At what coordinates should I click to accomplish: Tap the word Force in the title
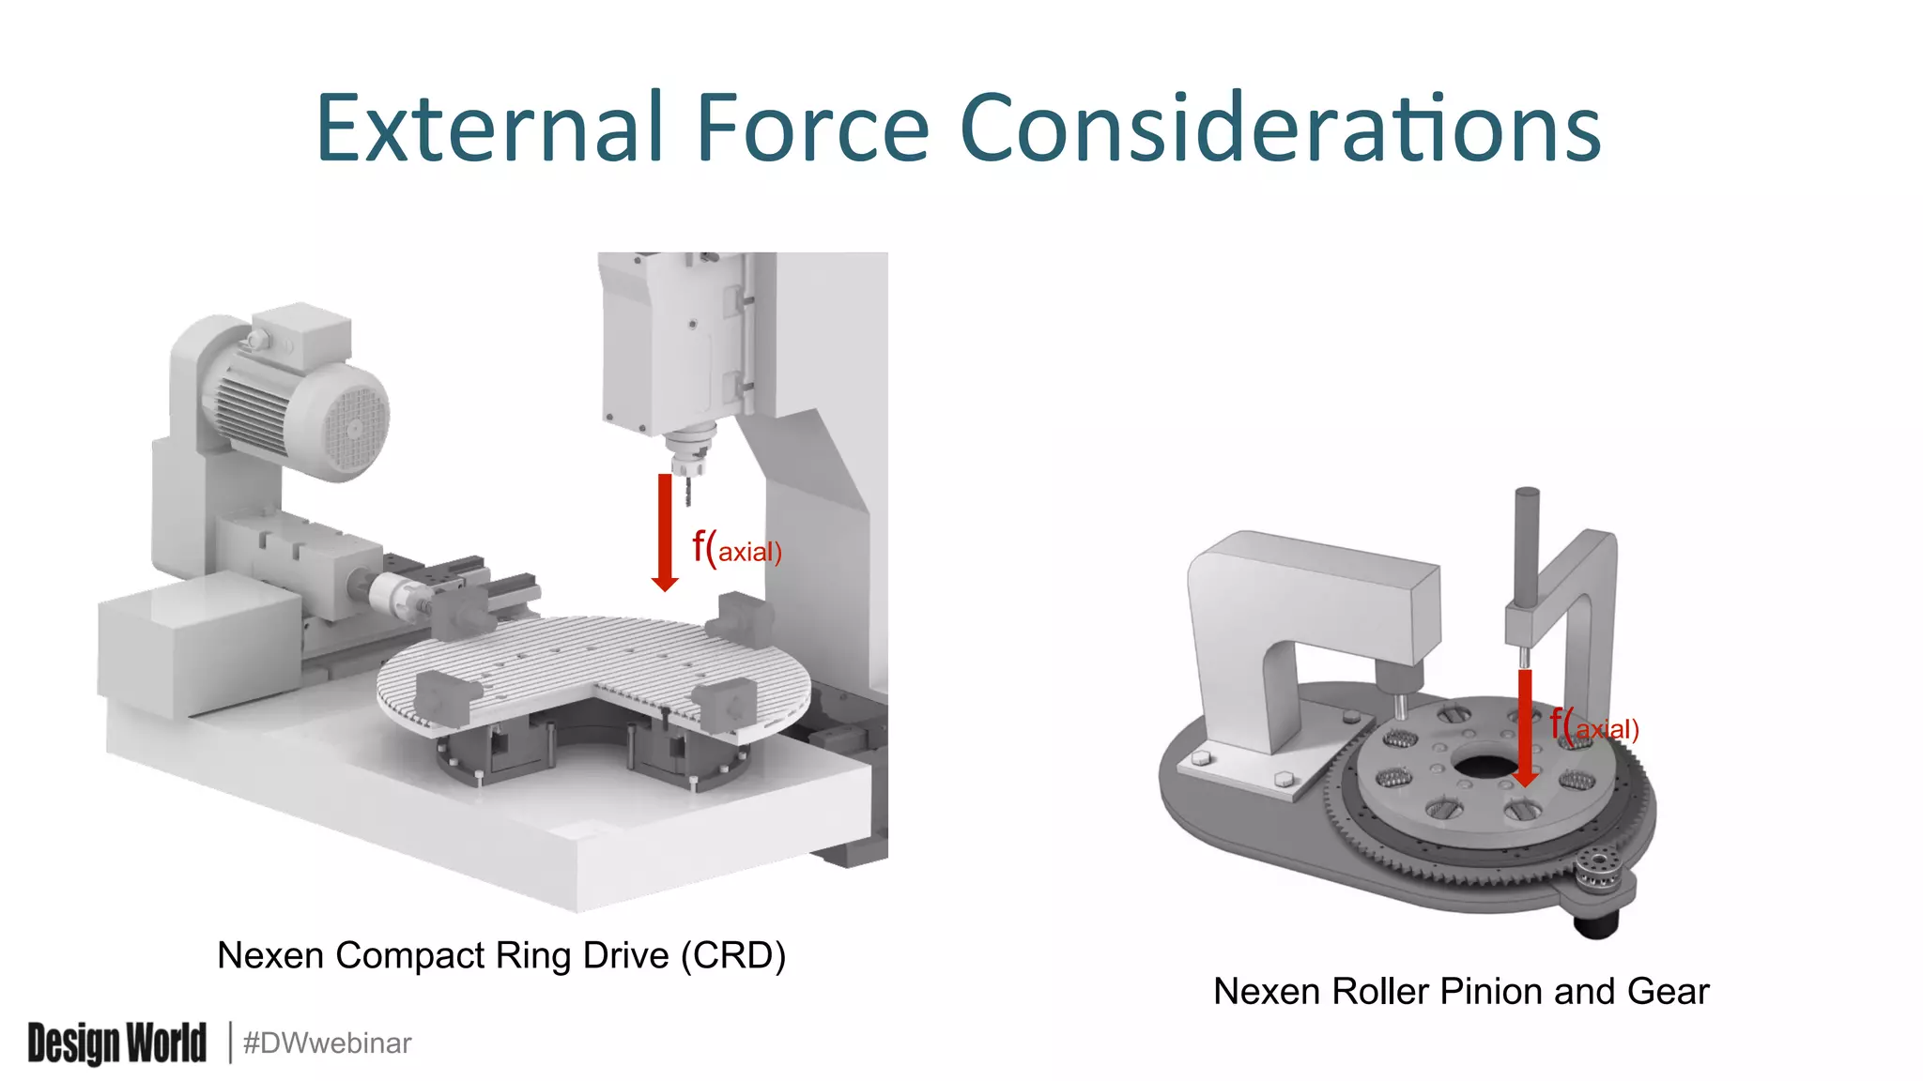(x=812, y=129)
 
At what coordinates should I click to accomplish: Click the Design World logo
(x=116, y=1043)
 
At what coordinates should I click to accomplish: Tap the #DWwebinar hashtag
(x=327, y=1043)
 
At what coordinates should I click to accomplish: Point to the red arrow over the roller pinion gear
(x=1525, y=727)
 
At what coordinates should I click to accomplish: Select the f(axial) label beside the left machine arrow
(x=737, y=548)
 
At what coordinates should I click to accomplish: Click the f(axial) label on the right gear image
(x=1594, y=726)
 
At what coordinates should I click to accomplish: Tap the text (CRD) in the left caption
(x=733, y=955)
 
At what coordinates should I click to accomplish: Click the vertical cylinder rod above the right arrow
(x=1527, y=544)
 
